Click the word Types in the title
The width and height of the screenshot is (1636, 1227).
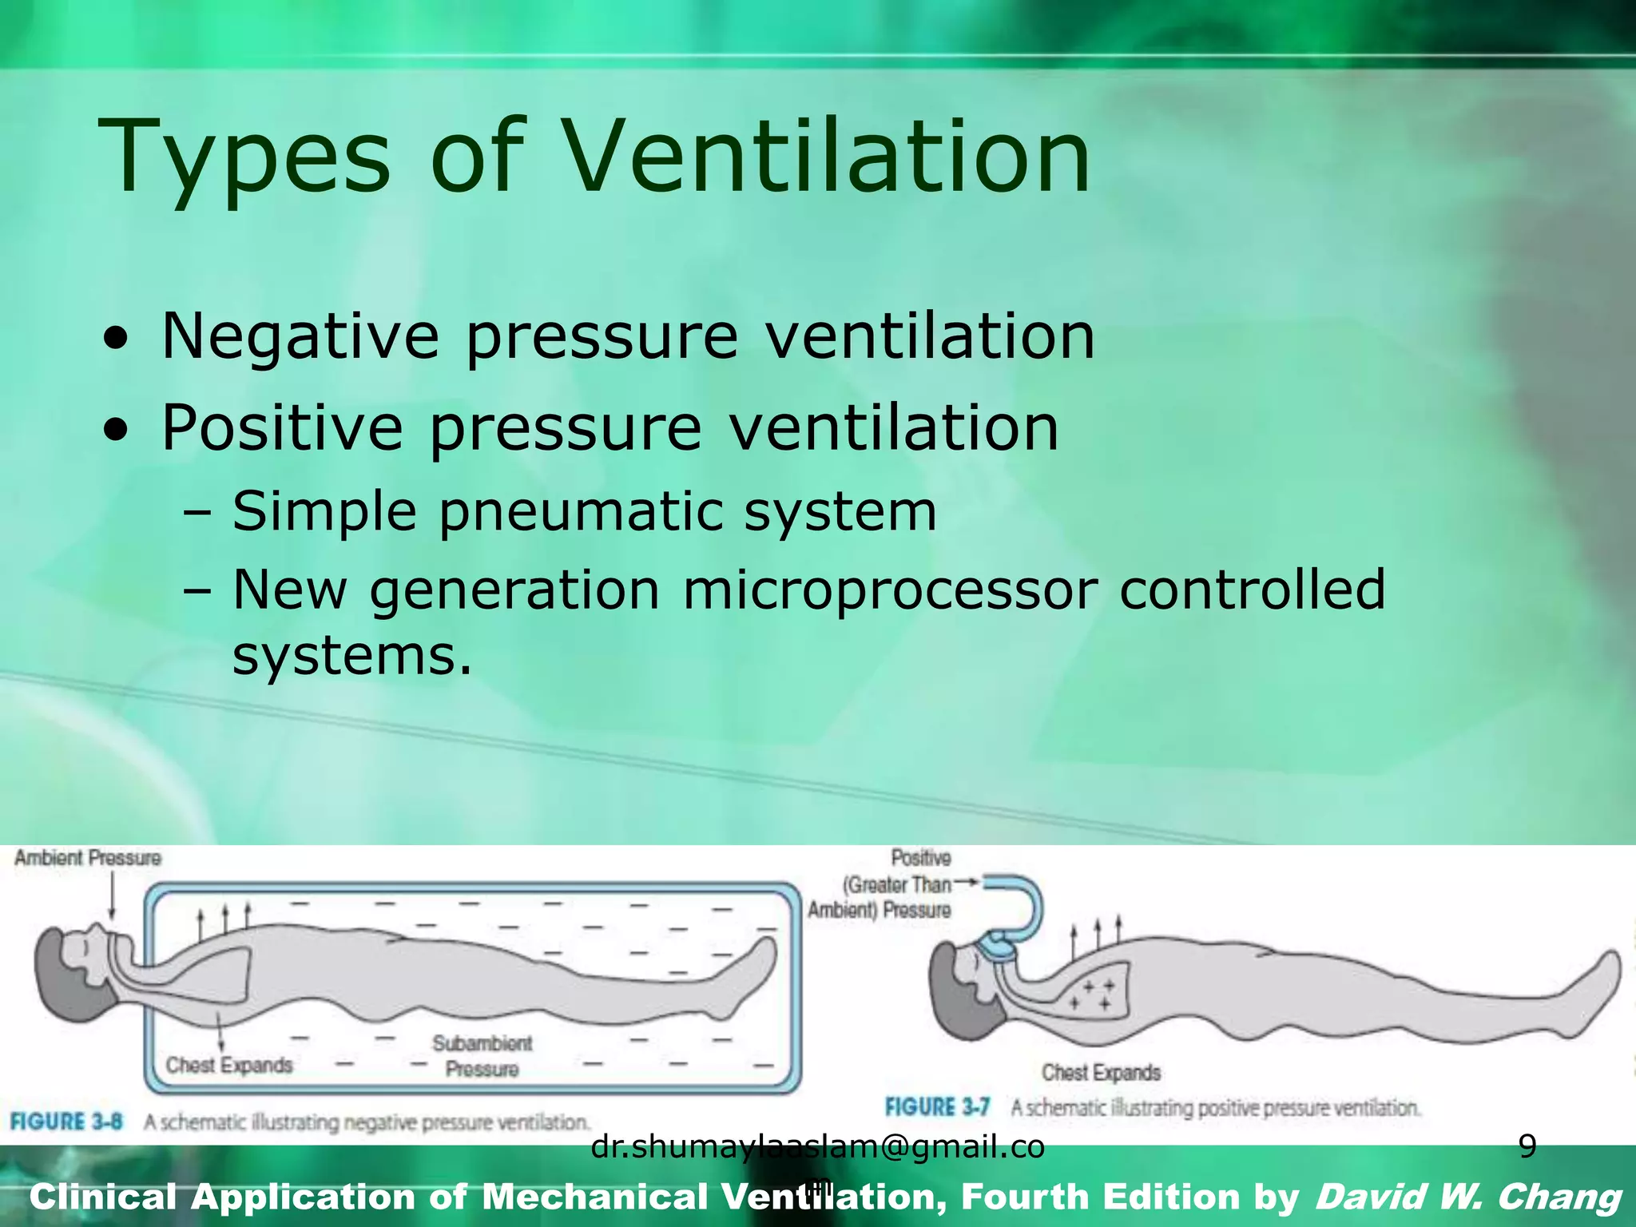[244, 157]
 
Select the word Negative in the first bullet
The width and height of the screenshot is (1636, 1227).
[300, 336]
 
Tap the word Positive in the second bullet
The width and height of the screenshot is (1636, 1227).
[282, 427]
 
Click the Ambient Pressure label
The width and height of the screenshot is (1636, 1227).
[88, 858]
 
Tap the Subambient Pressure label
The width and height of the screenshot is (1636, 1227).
[482, 1055]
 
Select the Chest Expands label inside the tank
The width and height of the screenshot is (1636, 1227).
[229, 1065]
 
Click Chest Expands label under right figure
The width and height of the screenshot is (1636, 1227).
[1100, 1072]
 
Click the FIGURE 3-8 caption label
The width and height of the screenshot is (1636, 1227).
[66, 1122]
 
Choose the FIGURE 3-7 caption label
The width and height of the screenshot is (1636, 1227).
[937, 1107]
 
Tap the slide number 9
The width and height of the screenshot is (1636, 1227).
[1527, 1147]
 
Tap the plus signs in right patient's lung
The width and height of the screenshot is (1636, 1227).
[1091, 995]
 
